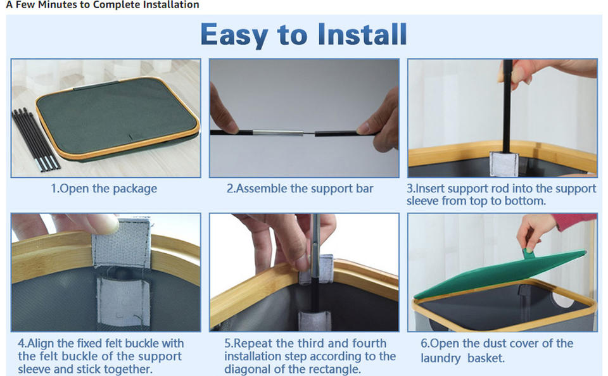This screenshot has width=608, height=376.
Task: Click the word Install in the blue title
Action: (x=362, y=35)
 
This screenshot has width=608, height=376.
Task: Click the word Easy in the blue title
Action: (x=234, y=35)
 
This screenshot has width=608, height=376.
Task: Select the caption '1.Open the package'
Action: (x=104, y=189)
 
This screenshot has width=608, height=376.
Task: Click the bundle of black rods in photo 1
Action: (x=35, y=139)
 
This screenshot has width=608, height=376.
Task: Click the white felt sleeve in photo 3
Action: (x=503, y=163)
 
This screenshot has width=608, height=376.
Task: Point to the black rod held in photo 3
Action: (x=507, y=106)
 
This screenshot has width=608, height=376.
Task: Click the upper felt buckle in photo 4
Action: (x=121, y=242)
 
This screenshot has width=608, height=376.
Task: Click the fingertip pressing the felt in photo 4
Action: (x=104, y=223)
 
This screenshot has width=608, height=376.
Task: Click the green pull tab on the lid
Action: (x=528, y=253)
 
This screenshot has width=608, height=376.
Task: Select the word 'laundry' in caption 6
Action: (x=441, y=358)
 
